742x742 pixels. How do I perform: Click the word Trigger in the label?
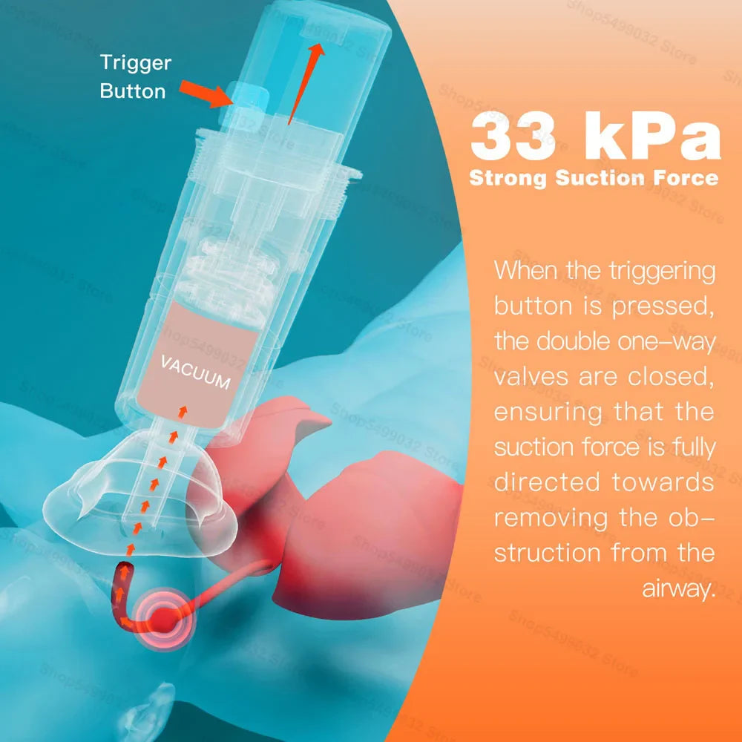tap(136, 62)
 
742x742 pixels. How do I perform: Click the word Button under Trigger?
tap(133, 91)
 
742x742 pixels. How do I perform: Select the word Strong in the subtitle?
tap(508, 178)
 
